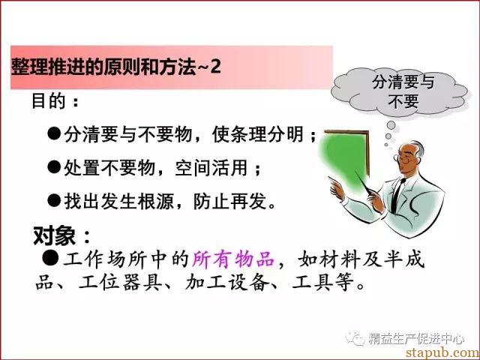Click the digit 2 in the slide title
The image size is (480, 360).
click(x=215, y=66)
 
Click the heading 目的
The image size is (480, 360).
click(x=48, y=100)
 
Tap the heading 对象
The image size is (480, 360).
click(x=54, y=235)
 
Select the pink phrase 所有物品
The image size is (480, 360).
click(x=233, y=259)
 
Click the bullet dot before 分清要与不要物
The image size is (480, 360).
click(x=54, y=133)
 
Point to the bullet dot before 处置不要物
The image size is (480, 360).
click(x=54, y=167)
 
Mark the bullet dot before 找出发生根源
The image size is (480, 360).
click(x=54, y=200)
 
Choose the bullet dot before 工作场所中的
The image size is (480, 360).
click(x=50, y=258)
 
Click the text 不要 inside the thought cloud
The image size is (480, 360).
click(x=403, y=100)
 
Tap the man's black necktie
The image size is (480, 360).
click(x=397, y=195)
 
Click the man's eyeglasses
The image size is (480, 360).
click(x=403, y=159)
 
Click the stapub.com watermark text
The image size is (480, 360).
click(x=442, y=352)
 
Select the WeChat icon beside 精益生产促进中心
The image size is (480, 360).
click(x=355, y=338)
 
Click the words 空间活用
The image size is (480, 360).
click(x=211, y=167)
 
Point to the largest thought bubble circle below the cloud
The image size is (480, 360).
click(x=391, y=125)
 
